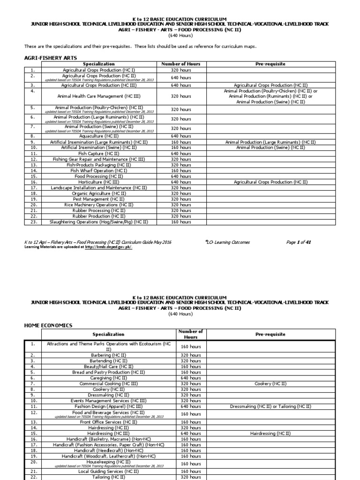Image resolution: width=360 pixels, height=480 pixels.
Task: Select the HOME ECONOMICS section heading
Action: coord(48,325)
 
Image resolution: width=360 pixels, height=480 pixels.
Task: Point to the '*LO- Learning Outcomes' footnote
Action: coord(227,242)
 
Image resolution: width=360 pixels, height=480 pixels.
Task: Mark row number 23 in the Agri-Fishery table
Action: coord(33,222)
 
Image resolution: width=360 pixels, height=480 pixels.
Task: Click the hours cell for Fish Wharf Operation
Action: coord(180,171)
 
